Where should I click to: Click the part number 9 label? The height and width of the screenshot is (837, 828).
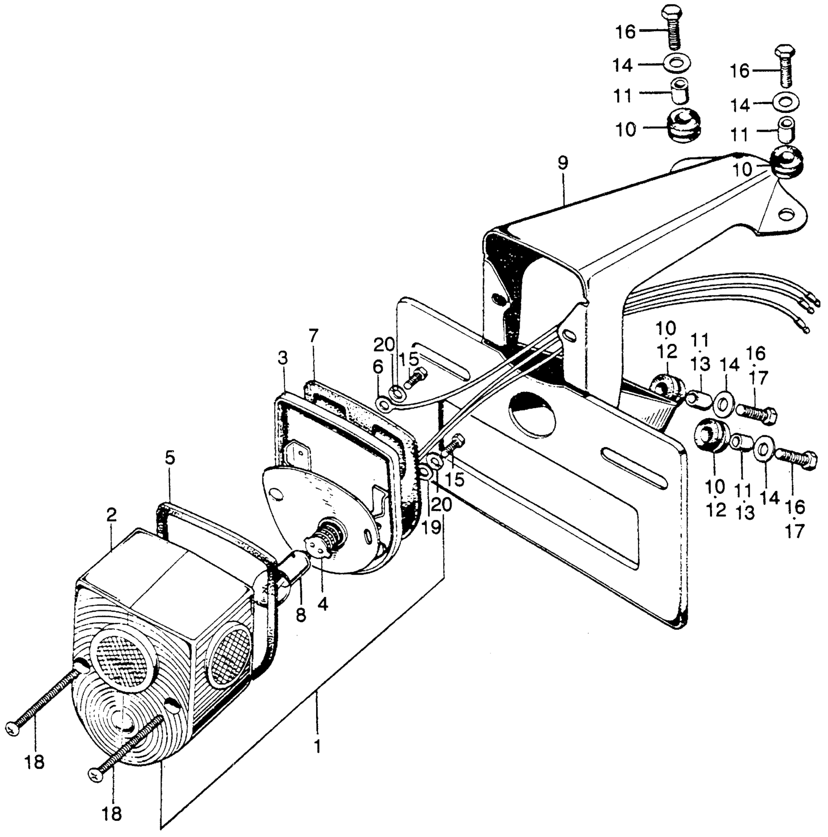pyautogui.click(x=563, y=163)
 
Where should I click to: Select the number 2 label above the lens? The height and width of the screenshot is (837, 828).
pyautogui.click(x=112, y=516)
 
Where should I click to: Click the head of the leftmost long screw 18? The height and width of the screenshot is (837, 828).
pyautogui.click(x=13, y=729)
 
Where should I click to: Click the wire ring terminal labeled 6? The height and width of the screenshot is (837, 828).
pyautogui.click(x=383, y=404)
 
